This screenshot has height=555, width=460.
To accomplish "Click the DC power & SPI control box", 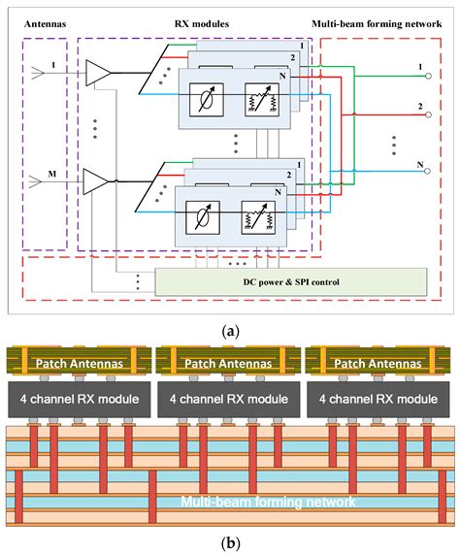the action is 291,281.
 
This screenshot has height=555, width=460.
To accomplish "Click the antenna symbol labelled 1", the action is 38,73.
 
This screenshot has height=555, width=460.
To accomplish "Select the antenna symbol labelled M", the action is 35,182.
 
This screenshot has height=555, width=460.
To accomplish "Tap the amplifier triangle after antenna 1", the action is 98,73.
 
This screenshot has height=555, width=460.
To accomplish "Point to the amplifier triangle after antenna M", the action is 95,181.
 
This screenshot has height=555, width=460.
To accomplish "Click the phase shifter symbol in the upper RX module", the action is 207,100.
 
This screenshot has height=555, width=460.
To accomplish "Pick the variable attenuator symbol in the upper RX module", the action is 262,100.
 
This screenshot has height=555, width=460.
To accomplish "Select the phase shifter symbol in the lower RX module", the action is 203,217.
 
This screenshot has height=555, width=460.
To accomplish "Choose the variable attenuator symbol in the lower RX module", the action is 258,217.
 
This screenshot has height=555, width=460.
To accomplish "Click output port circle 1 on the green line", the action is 429,76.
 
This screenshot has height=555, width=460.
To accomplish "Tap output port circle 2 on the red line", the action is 429,114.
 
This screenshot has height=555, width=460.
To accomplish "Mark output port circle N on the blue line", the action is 427,172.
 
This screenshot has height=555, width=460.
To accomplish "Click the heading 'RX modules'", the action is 202,24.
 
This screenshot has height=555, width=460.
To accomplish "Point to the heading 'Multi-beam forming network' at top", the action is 377,24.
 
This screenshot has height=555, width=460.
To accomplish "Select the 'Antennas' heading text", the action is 45,24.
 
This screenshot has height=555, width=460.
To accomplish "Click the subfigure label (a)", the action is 230,332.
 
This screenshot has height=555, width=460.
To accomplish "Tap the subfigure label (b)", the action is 230,542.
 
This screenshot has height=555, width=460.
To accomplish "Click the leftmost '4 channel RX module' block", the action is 79,399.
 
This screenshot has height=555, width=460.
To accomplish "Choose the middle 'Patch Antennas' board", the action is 228,361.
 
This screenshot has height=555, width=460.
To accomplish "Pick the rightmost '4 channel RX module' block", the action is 378,399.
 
